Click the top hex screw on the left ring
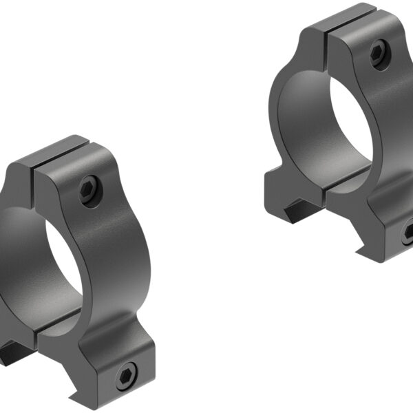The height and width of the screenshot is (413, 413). coord(89,189)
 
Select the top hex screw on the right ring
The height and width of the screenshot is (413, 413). coord(378,54)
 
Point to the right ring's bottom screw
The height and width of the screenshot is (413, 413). coord(407,233)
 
